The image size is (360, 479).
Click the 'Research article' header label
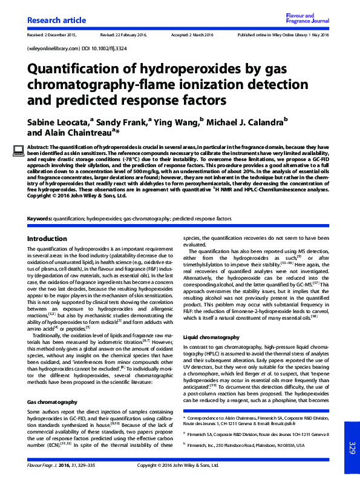coord(53,21)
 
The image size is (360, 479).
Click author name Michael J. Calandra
coord(245,122)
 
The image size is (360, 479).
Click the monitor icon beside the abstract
coord(18,150)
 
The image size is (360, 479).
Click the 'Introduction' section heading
coord(47,239)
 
